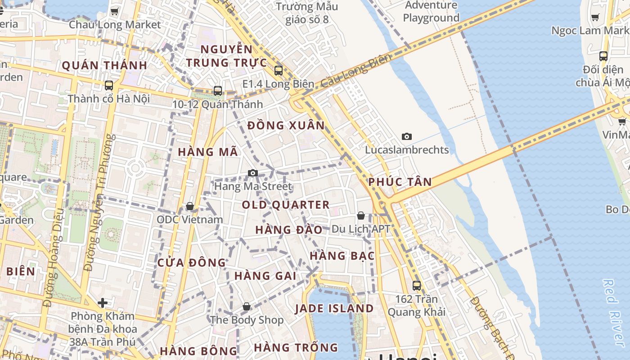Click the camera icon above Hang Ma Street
click(x=253, y=173)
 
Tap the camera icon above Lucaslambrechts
click(x=407, y=136)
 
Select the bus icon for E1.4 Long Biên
click(x=279, y=70)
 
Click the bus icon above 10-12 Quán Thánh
click(x=218, y=90)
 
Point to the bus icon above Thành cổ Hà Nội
click(x=108, y=85)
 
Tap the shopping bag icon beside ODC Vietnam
click(x=190, y=206)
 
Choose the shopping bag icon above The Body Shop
click(x=247, y=306)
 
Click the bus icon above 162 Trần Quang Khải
click(x=417, y=285)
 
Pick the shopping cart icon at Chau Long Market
click(x=115, y=11)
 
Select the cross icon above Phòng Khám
click(x=103, y=302)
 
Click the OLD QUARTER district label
click(x=286, y=205)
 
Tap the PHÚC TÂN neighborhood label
click(x=400, y=182)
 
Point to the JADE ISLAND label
click(x=334, y=309)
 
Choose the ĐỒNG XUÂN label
click(x=286, y=125)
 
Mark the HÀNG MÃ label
click(x=208, y=152)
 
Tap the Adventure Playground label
click(x=431, y=12)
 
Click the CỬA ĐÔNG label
click(x=192, y=262)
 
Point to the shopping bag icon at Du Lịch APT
click(x=361, y=216)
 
